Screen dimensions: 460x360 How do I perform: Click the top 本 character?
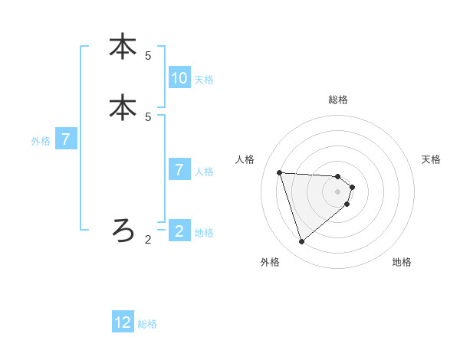(123, 47)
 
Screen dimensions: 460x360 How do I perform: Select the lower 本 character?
(123, 107)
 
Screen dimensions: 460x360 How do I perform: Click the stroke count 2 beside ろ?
(148, 240)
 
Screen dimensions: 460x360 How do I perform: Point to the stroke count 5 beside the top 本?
(148, 56)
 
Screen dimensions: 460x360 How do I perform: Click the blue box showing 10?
(179, 78)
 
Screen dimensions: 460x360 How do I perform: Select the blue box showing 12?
(123, 323)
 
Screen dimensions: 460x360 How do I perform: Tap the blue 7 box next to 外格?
(67, 139)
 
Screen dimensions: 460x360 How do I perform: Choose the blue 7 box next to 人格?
(179, 170)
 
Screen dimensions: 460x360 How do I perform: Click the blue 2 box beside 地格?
(179, 231)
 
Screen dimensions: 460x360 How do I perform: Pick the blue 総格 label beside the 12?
(147, 324)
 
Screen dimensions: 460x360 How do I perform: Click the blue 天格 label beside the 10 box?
(204, 79)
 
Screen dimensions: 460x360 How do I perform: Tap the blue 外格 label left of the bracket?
(40, 140)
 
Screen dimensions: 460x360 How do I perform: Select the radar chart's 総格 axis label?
(338, 100)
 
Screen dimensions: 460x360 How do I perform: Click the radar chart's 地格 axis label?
(402, 262)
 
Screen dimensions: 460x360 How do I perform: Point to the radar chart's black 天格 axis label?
(431, 159)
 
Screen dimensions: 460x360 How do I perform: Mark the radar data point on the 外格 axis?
(302, 242)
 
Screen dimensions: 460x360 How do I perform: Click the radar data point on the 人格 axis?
(280, 172)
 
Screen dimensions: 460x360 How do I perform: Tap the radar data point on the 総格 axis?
(338, 175)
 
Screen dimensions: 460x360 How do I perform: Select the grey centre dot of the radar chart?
(338, 201)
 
